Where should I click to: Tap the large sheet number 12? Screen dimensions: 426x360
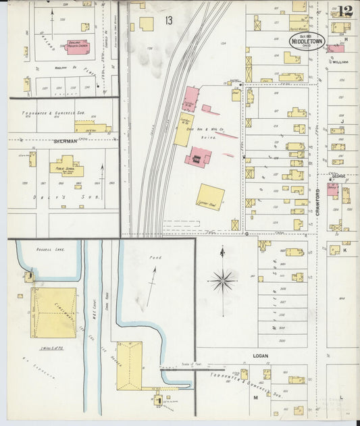(x=345, y=11)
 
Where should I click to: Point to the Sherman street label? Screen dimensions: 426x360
(x=63, y=142)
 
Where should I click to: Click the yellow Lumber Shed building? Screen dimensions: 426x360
(x=211, y=197)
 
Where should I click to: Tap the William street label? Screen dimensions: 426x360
(x=340, y=61)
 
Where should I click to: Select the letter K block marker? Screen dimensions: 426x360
(x=344, y=250)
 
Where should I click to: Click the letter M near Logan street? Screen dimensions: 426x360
(x=256, y=398)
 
